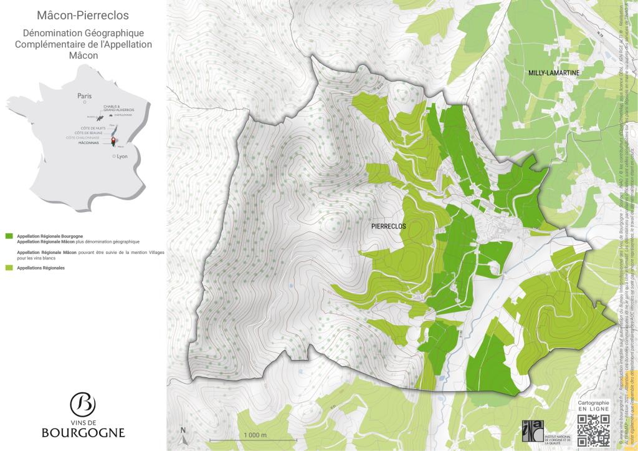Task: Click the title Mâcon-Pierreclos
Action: click(83, 14)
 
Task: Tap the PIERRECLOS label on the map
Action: click(388, 226)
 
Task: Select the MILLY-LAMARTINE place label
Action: click(554, 73)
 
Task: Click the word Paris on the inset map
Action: click(84, 96)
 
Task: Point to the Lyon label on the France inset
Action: click(121, 157)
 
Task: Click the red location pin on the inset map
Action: click(113, 140)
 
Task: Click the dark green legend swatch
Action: click(9, 237)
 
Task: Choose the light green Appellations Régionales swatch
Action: click(9, 268)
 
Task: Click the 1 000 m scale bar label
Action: click(255, 435)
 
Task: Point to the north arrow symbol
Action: click(183, 435)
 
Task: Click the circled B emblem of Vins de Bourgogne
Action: click(83, 405)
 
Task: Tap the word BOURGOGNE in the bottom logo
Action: click(83, 432)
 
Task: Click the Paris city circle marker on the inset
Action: click(85, 104)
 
